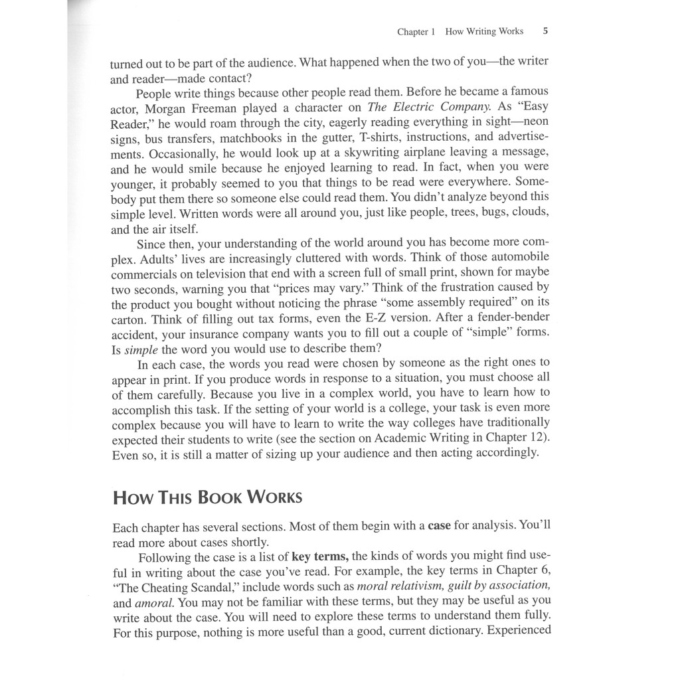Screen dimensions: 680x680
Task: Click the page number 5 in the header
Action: coord(545,31)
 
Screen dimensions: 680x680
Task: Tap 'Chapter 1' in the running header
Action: coord(416,31)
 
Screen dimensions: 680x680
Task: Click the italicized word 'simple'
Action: coord(141,349)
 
